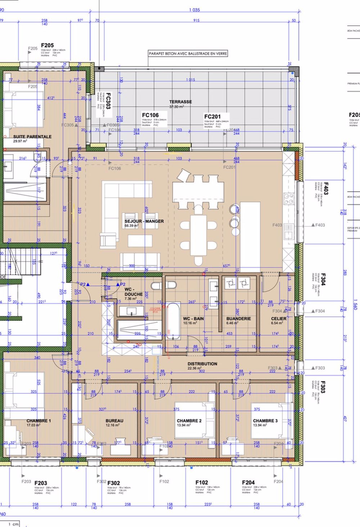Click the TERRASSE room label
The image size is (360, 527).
[180, 102]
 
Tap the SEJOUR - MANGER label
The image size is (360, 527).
[144, 221]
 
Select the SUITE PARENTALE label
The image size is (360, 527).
[32, 137]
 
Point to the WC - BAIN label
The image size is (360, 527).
[193, 319]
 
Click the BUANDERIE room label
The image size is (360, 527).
[239, 319]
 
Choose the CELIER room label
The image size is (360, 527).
[279, 319]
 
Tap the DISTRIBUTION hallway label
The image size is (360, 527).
[202, 364]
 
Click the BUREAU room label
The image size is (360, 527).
[114, 420]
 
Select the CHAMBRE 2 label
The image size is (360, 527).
[189, 420]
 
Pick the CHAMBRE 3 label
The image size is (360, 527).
[265, 420]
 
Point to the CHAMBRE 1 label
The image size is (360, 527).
[39, 420]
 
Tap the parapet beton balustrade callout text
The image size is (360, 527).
[188, 54]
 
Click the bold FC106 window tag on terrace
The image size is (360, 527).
[150, 115]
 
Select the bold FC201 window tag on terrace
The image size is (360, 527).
[212, 116]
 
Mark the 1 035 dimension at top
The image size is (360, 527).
[194, 10]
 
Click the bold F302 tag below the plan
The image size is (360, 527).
[113, 483]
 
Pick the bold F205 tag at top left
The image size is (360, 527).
[47, 46]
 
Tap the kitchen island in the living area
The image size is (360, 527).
[250, 234]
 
